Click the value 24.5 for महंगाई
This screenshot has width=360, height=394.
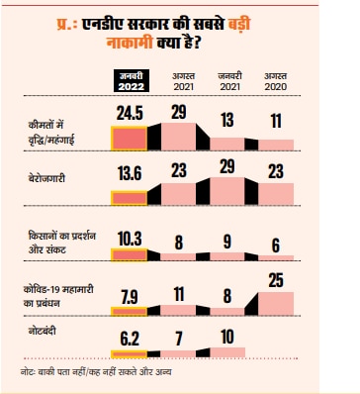(x=128, y=113)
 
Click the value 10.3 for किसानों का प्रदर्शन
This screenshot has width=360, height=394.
(x=128, y=238)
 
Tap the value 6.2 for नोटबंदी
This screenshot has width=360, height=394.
(x=129, y=339)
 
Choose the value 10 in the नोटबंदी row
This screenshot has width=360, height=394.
(x=227, y=337)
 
